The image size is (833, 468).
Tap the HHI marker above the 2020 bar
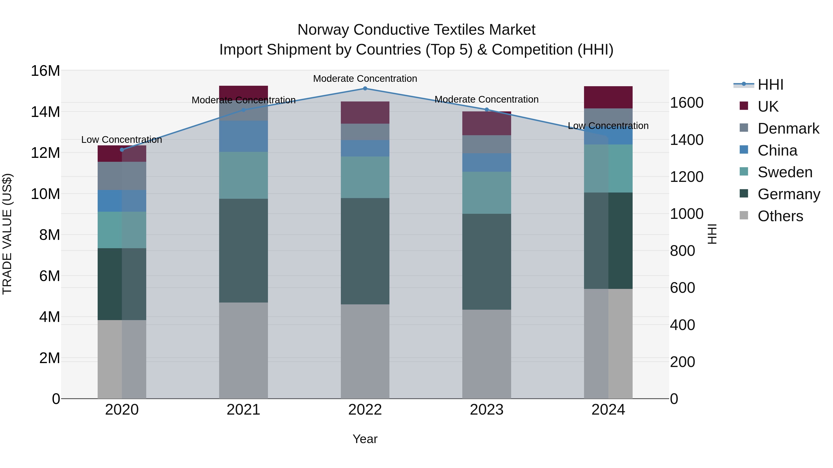coord(122,150)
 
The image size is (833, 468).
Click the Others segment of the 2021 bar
coord(243,350)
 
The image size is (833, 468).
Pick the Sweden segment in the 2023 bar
coord(486,193)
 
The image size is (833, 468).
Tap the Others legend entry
coord(780,216)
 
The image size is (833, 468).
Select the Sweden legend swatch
coord(744,171)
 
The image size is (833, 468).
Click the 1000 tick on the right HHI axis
coord(686,214)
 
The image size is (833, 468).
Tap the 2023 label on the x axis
coord(486,410)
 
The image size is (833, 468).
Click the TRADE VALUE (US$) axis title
coord(7,234)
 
